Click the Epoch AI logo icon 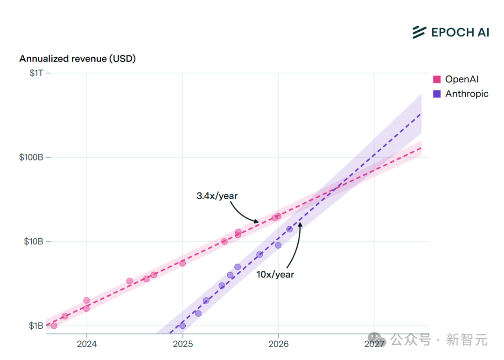tap(419, 32)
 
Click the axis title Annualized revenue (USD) tap(77, 59)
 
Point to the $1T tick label tap(36, 73)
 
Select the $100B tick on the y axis tap(32, 157)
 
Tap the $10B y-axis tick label tap(34, 242)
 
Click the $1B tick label tap(36, 325)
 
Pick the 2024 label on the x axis tap(86, 344)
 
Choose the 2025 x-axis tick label tap(182, 344)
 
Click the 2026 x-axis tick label tap(278, 344)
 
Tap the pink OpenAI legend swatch tap(437, 80)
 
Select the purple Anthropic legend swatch tap(437, 94)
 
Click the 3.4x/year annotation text tap(217, 196)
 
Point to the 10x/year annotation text tap(275, 274)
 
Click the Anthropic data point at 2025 tap(182, 325)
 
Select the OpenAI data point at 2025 tap(182, 263)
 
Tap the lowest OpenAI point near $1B tap(54, 325)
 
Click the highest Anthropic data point tap(289, 229)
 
